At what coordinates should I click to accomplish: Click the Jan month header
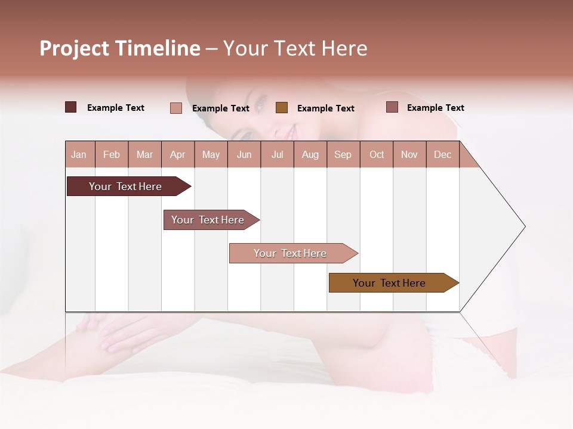(x=79, y=154)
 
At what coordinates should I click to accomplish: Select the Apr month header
(x=177, y=154)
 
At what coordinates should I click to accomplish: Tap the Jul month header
(x=277, y=154)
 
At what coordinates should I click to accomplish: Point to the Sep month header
(x=343, y=154)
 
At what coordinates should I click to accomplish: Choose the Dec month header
(x=442, y=154)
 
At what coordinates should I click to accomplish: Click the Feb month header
(x=112, y=154)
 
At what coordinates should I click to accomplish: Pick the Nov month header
(x=409, y=154)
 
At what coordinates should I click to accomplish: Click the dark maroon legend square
(x=70, y=107)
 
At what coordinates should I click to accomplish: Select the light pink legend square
(x=175, y=108)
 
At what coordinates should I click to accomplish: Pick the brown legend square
(x=282, y=108)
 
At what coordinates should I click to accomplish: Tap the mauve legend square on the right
(x=392, y=107)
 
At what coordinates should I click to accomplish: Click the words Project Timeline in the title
(x=119, y=48)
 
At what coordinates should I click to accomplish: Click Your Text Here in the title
(x=295, y=48)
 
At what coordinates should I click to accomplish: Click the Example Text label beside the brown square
(x=325, y=108)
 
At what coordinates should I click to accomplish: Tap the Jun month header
(x=244, y=154)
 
